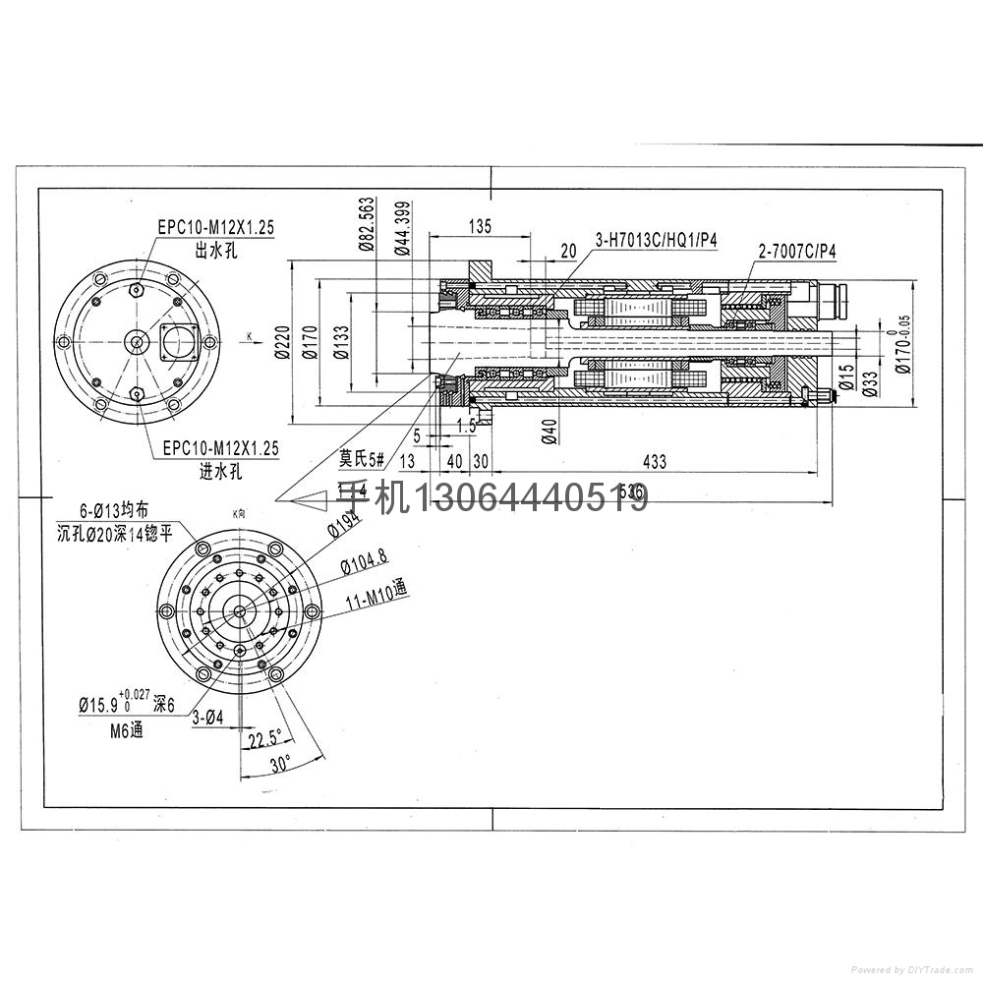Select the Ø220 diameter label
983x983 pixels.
281,342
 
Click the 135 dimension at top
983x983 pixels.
479,227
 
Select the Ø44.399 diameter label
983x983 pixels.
401,227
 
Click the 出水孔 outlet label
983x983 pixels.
216,251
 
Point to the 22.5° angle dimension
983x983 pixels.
264,738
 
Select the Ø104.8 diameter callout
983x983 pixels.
364,561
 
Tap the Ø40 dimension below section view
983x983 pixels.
549,431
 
